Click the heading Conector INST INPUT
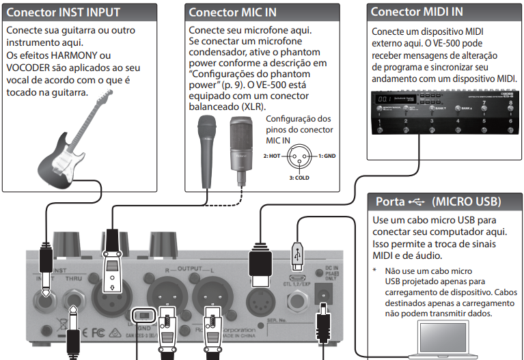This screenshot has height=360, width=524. pos(64,12)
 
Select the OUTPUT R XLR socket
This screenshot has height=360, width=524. pos(167,294)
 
